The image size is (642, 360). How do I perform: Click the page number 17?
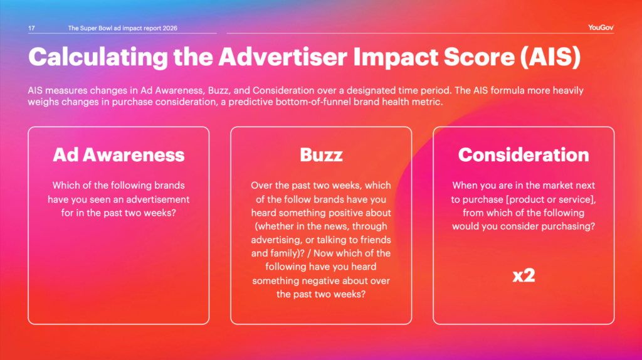(x=31, y=28)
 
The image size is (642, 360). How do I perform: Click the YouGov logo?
(x=601, y=28)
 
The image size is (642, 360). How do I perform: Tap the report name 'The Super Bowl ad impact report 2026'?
(x=122, y=28)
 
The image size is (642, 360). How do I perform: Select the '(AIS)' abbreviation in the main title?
(x=550, y=56)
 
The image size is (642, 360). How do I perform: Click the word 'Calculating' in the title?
(x=98, y=57)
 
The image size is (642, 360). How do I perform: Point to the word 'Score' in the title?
(x=479, y=56)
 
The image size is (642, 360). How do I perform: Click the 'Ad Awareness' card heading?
(x=118, y=155)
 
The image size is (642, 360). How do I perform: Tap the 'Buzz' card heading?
(x=321, y=155)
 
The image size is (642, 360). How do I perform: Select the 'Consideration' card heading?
(x=524, y=155)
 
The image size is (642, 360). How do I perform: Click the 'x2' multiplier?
(x=524, y=275)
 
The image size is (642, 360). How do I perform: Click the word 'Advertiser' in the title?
(x=283, y=56)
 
